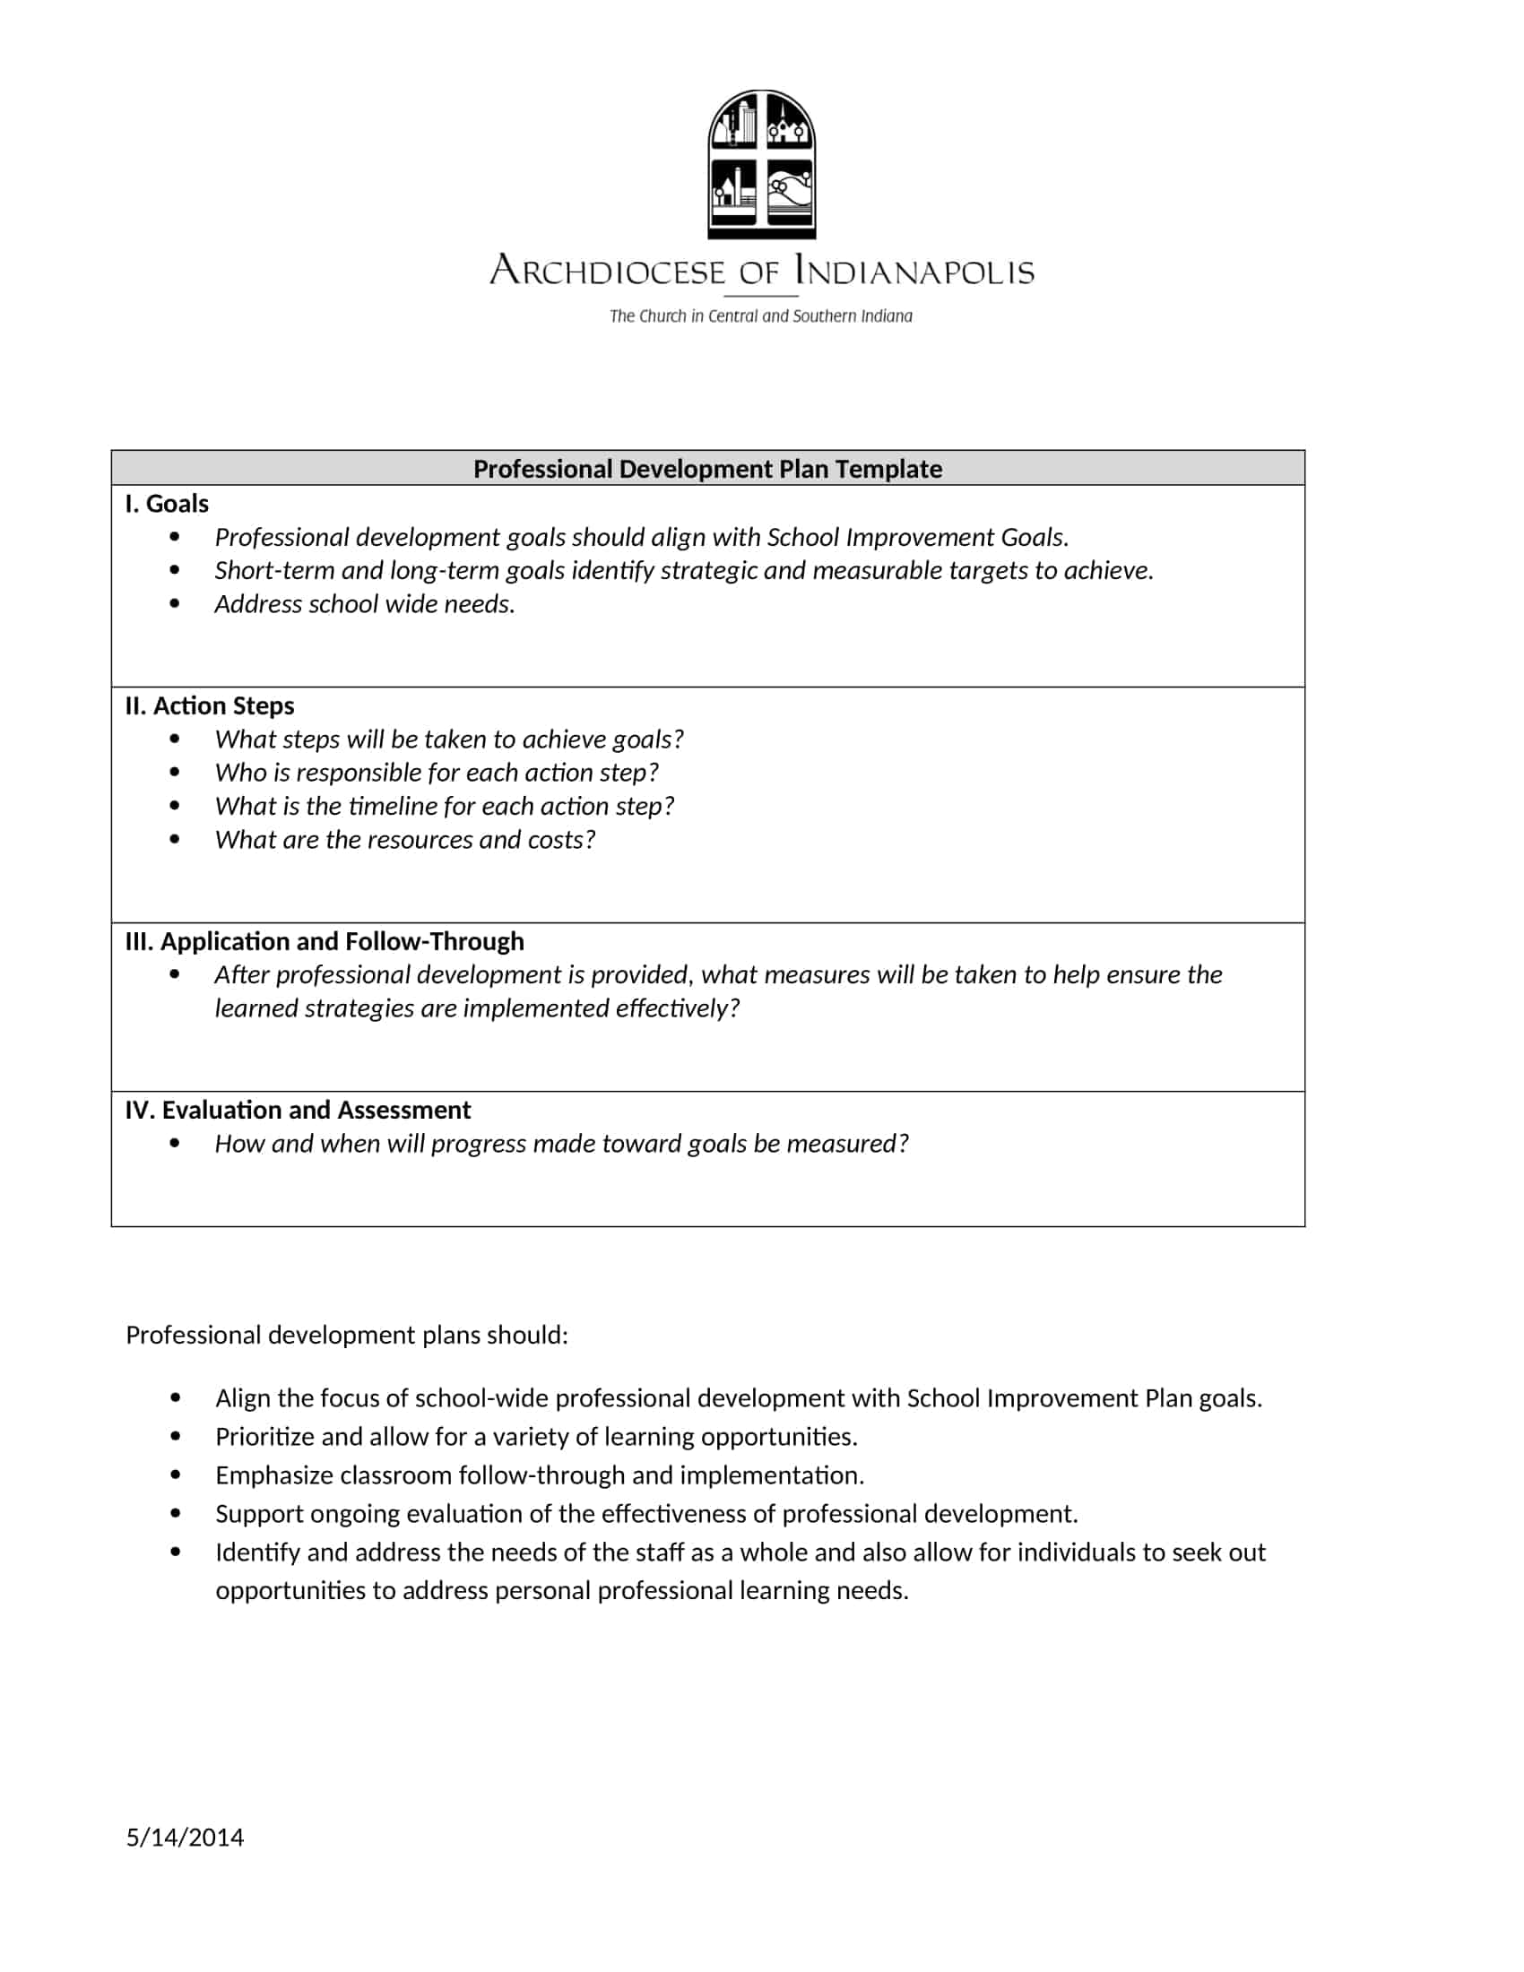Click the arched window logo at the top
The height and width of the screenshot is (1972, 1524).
click(761, 164)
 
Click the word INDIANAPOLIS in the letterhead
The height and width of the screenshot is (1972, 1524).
click(914, 270)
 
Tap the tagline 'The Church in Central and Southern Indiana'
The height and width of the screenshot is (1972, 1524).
click(760, 316)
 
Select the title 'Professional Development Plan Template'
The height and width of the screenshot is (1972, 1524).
click(707, 469)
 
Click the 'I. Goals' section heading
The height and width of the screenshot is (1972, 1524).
click(167, 504)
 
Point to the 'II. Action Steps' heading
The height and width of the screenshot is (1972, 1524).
click(210, 705)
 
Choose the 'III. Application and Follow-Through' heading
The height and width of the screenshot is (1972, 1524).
click(325, 941)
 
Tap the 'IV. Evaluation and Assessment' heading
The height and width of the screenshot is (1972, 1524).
click(298, 1110)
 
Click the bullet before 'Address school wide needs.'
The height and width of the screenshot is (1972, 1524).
click(175, 603)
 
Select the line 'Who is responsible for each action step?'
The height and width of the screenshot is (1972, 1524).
click(436, 772)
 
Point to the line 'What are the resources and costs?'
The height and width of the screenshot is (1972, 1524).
click(404, 839)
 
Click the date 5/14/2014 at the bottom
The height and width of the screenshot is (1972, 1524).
click(184, 1838)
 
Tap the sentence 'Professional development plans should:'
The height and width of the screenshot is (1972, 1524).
click(347, 1335)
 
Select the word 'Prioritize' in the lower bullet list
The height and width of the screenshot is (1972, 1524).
click(264, 1437)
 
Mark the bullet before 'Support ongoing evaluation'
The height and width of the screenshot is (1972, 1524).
click(175, 1513)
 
